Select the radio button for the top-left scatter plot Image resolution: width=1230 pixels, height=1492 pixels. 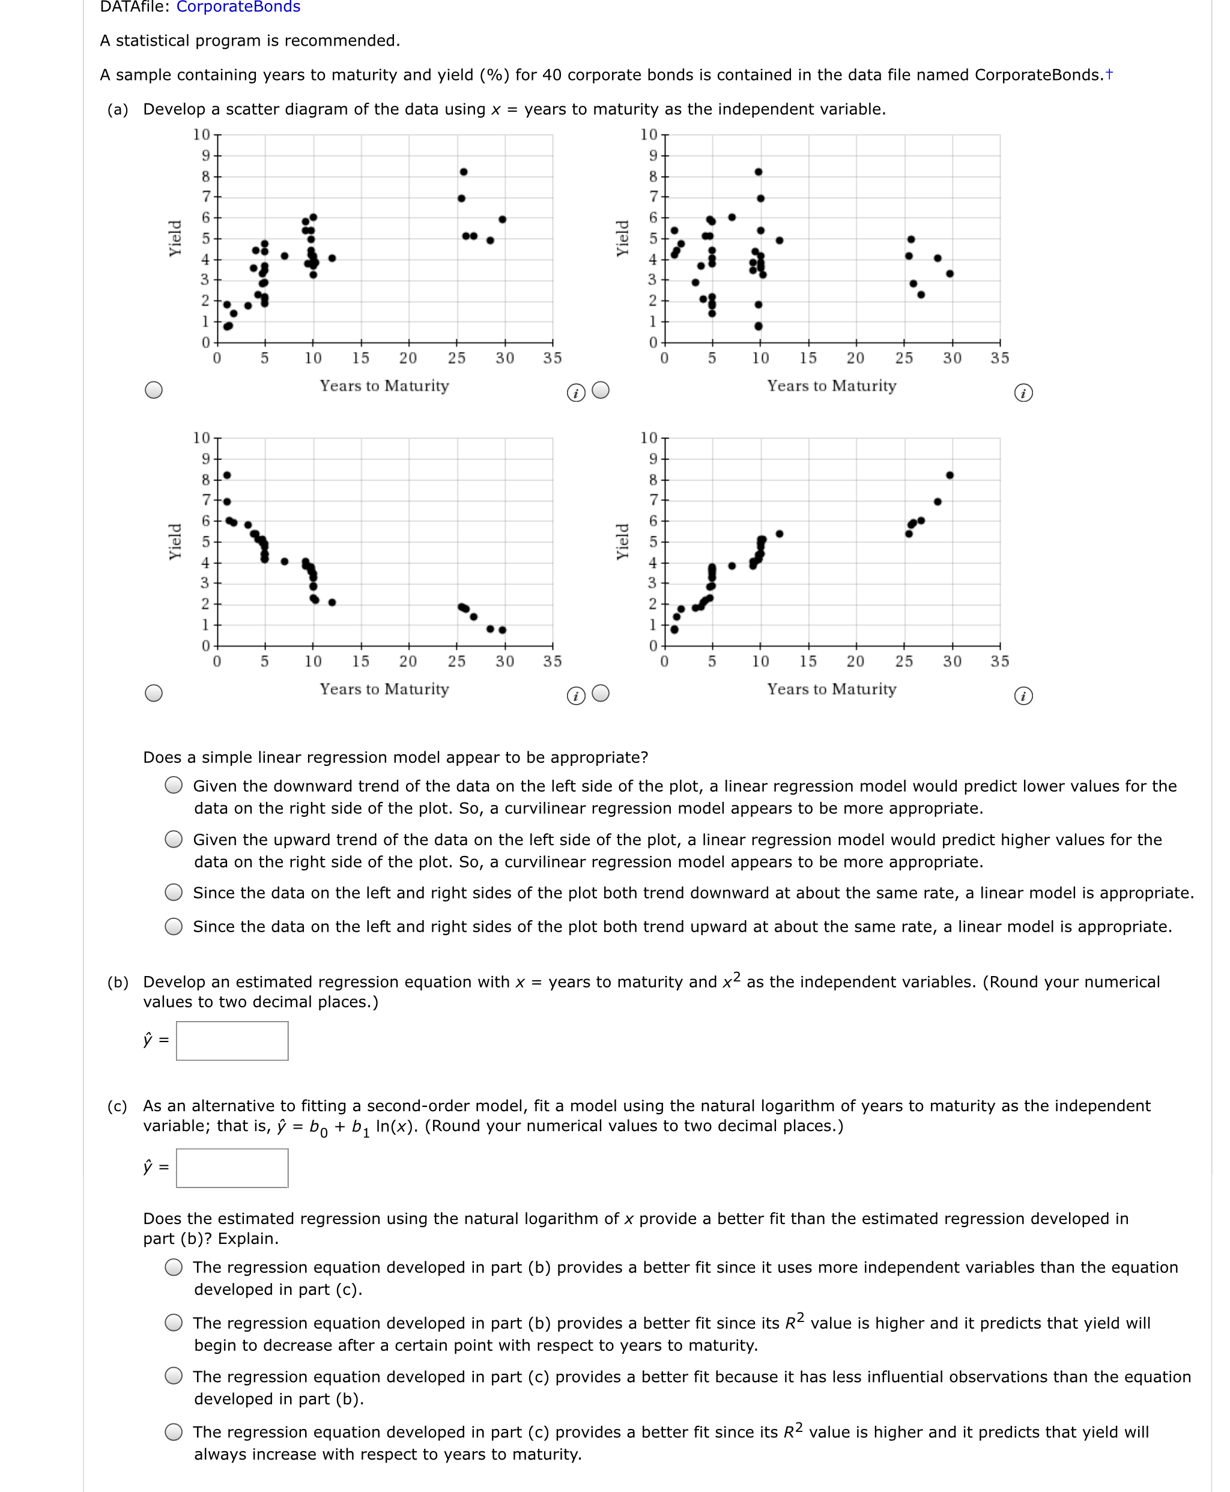pyautogui.click(x=154, y=390)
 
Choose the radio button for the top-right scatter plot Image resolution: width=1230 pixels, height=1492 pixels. pyautogui.click(x=601, y=390)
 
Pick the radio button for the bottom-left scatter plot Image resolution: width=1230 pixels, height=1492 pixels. pyautogui.click(x=154, y=693)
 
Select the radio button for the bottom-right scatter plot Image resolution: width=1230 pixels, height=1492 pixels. pyautogui.click(x=601, y=693)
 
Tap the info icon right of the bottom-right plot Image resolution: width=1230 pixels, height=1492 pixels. pyautogui.click(x=1023, y=696)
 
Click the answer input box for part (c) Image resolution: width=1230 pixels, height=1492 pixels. pyautogui.click(x=232, y=1168)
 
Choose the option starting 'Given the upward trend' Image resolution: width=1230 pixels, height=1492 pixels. pyautogui.click(x=174, y=840)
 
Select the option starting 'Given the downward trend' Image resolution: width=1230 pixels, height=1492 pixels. pyautogui.click(x=174, y=785)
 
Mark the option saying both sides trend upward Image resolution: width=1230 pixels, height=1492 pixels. pyautogui.click(x=174, y=927)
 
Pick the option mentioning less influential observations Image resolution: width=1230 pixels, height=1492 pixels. pyautogui.click(x=174, y=1376)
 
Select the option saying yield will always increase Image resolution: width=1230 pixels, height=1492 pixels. pyautogui.click(x=174, y=1432)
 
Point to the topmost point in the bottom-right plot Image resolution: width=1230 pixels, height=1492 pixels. pyautogui.click(x=950, y=475)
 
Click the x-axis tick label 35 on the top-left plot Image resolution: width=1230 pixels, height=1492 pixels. pyautogui.click(x=553, y=359)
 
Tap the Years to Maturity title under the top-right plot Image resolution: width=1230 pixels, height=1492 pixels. pyautogui.click(x=832, y=386)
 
